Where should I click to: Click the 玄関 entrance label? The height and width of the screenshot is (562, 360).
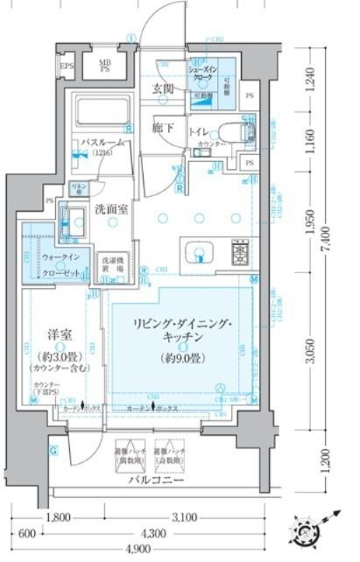164,88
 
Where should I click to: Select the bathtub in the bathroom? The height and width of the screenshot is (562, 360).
100,112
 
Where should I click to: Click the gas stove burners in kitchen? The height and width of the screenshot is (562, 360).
240,253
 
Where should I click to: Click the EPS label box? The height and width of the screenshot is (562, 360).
66,67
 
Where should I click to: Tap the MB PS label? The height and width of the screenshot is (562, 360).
104,67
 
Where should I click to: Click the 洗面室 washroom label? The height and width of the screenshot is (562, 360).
111,209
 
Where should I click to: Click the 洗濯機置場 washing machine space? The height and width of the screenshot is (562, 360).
110,265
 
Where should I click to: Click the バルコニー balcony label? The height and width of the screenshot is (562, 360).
152,480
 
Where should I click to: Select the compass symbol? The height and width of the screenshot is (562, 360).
309,528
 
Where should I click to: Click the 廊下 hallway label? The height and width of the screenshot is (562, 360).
163,127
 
